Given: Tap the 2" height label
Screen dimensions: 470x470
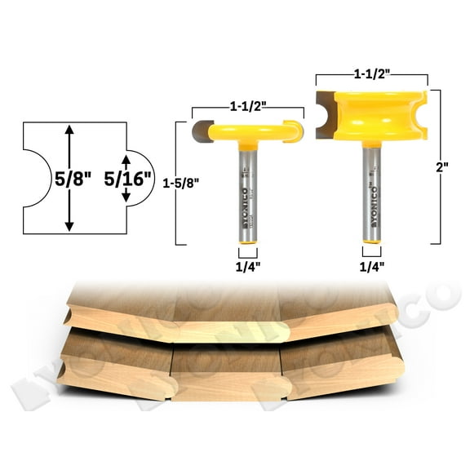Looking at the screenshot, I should click(x=441, y=166).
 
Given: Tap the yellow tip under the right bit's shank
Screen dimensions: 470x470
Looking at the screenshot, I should click(x=372, y=241).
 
